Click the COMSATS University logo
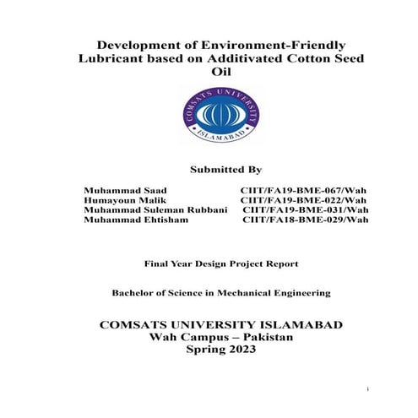[209, 115]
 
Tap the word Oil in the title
[209, 73]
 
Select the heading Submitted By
[209, 169]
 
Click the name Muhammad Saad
[126, 191]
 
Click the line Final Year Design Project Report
[208, 263]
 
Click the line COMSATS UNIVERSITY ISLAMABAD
[209, 324]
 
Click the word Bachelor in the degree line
[136, 293]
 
